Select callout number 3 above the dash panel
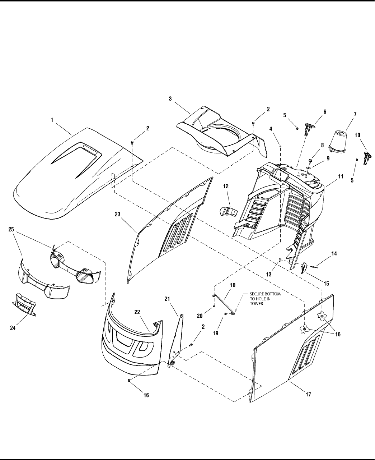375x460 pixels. click(170, 98)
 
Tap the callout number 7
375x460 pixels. click(355, 114)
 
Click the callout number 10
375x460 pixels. click(357, 135)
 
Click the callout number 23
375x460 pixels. click(117, 214)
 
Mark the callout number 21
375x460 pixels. click(177, 299)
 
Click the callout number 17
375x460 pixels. click(308, 394)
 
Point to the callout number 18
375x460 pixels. click(232, 285)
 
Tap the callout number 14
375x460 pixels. click(334, 253)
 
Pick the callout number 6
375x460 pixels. click(325, 112)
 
